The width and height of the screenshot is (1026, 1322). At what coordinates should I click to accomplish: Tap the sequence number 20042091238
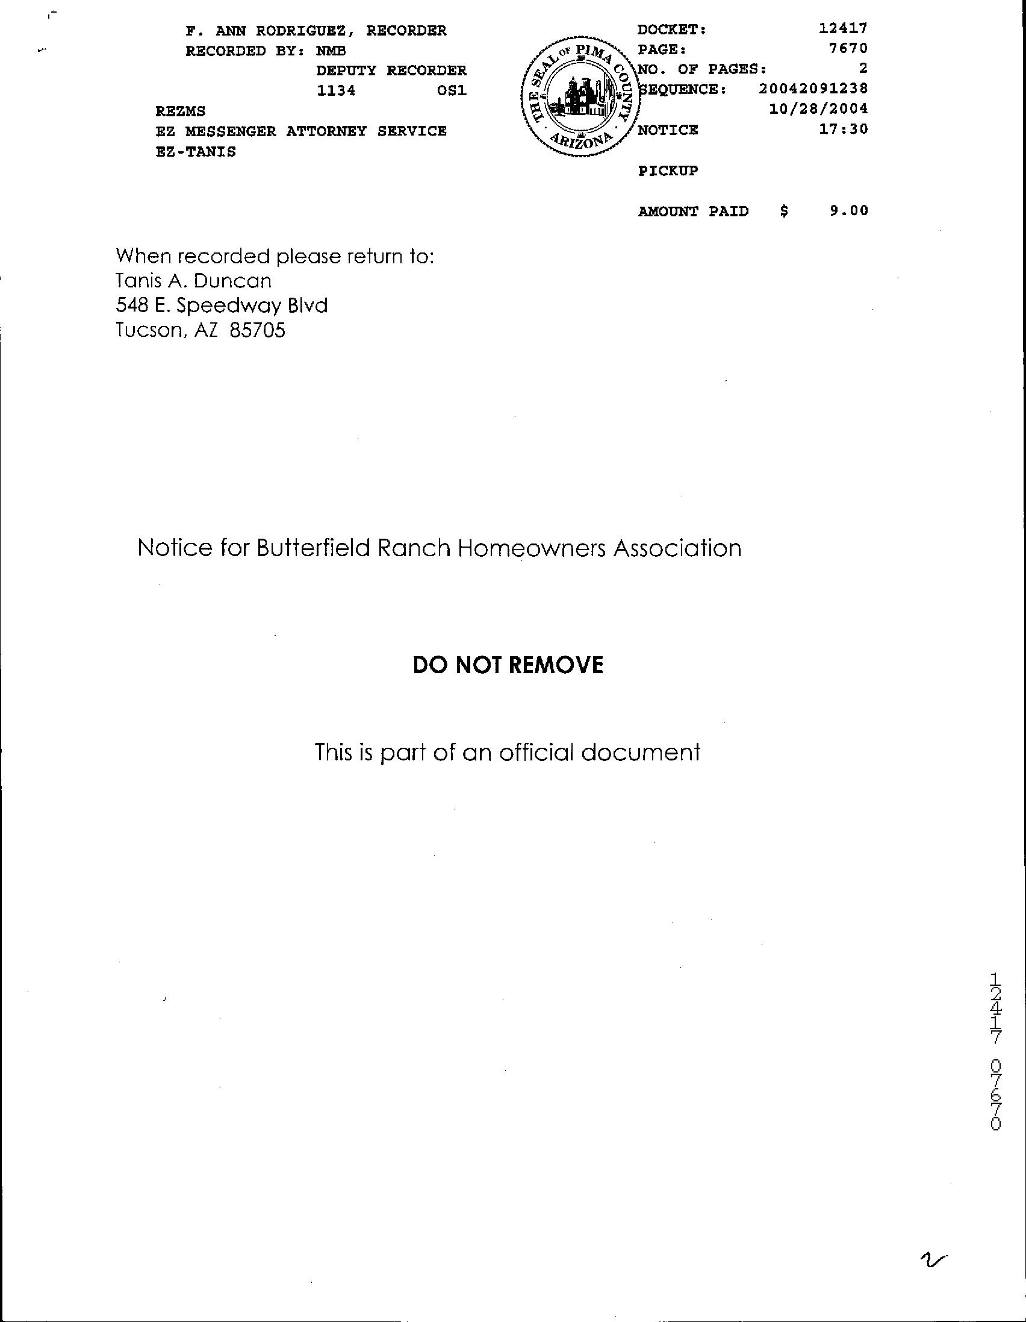813,89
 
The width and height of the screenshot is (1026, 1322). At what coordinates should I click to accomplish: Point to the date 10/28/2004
818,109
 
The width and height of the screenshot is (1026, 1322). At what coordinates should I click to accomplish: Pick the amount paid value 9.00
849,211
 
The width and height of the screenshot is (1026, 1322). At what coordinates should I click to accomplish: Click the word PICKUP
668,171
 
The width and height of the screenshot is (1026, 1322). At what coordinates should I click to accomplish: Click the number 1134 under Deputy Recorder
336,92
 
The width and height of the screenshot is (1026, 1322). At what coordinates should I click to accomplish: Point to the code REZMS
180,111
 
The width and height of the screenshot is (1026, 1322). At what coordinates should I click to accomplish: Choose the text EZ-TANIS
196,152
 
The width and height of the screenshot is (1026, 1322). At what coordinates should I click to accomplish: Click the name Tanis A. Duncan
194,281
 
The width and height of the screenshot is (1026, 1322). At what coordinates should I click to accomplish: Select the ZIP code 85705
257,330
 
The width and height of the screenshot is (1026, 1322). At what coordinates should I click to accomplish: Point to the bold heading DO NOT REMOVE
508,665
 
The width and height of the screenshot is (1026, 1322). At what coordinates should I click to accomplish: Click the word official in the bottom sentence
535,753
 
